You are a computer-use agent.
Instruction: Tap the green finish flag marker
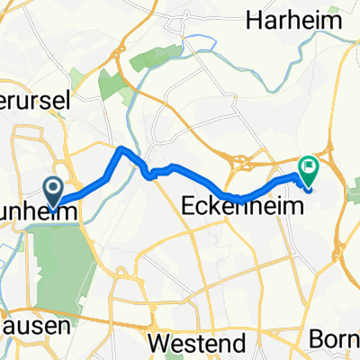point(309,166)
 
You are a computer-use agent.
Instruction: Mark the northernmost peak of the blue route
point(120,147)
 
